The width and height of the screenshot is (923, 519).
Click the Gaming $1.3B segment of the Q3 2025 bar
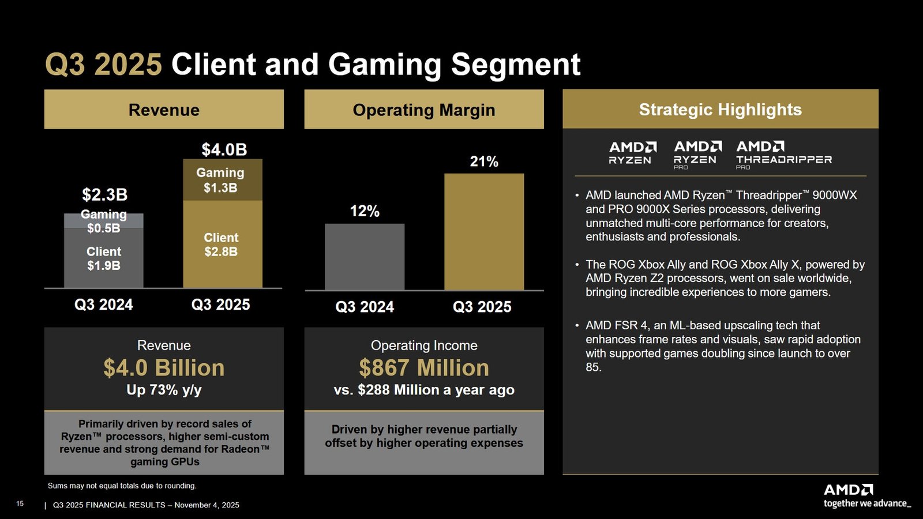pyautogui.click(x=222, y=180)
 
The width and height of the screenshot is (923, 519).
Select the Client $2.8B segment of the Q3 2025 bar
pyautogui.click(x=222, y=245)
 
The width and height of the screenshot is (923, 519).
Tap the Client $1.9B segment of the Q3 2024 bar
pyautogui.click(x=104, y=258)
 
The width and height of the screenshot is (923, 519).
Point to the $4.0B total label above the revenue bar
pyautogui.click(x=224, y=150)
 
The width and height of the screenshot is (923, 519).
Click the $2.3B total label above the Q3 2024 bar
pyautogui.click(x=104, y=195)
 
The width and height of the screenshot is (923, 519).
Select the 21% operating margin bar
pyautogui.click(x=484, y=232)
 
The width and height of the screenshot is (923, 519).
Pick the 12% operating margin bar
pyautogui.click(x=365, y=257)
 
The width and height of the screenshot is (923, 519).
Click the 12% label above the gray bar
pyautogui.click(x=365, y=212)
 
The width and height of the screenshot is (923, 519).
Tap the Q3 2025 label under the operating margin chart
pyautogui.click(x=482, y=307)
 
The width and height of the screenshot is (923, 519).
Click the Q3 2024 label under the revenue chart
pyautogui.click(x=104, y=304)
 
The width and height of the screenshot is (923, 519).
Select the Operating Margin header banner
pyautogui.click(x=424, y=110)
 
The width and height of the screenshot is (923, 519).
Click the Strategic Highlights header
pyautogui.click(x=720, y=110)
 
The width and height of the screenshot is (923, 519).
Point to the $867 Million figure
pyautogui.click(x=424, y=368)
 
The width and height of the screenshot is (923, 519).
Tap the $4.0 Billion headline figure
pyautogui.click(x=164, y=368)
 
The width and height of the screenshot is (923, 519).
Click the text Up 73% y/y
pyautogui.click(x=164, y=390)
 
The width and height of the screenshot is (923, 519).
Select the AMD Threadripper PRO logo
pyautogui.click(x=783, y=155)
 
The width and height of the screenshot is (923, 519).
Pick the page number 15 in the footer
pyautogui.click(x=20, y=504)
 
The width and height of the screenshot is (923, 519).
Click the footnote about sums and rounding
pyautogui.click(x=122, y=486)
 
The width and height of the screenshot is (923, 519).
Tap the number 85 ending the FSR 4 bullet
pyautogui.click(x=593, y=367)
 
